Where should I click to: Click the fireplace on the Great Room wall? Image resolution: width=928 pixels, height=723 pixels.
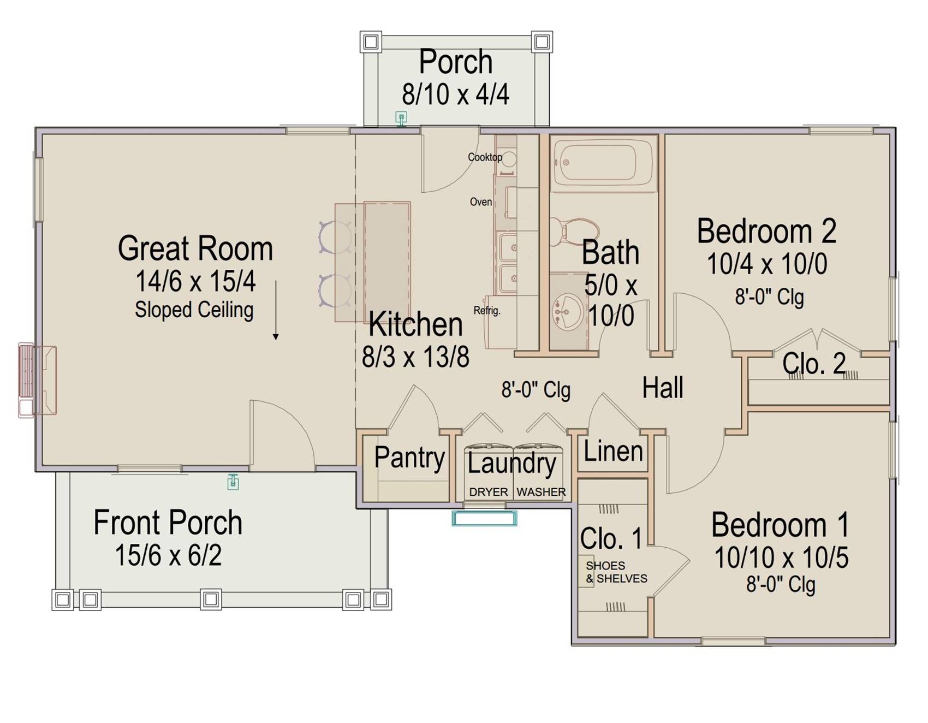point(37,380)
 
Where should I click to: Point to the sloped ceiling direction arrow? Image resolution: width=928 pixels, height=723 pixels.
point(276,310)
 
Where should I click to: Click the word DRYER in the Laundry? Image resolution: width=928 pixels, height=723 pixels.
point(489,492)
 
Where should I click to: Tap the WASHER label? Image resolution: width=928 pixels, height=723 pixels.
point(541,492)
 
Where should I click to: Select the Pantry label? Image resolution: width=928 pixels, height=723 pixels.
point(409,458)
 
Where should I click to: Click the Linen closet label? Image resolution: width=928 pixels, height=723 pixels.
point(613,452)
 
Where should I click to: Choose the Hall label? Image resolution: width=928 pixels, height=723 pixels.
point(663,388)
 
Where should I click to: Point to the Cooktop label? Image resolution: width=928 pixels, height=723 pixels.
point(485,157)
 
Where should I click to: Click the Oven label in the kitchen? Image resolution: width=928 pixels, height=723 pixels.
point(481,202)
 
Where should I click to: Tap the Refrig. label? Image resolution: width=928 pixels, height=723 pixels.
point(487,311)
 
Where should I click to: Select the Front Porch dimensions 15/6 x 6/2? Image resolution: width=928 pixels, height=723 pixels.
point(168,556)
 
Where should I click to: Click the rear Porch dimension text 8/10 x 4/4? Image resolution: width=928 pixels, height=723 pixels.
point(456,94)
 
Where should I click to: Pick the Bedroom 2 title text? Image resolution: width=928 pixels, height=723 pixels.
point(766,231)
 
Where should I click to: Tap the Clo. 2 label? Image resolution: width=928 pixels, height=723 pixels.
point(814,363)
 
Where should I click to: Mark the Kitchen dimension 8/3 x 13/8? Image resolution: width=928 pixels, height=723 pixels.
point(415,357)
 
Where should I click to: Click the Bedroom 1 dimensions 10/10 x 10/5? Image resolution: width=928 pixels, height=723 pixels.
point(781,558)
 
